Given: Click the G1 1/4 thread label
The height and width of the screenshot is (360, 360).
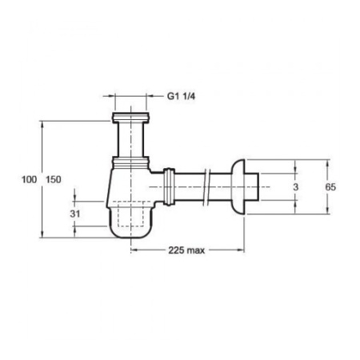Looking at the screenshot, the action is click(x=181, y=96).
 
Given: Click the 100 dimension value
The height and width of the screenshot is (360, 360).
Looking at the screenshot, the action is click(x=29, y=179).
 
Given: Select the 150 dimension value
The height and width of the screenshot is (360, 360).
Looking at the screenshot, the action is click(x=54, y=179).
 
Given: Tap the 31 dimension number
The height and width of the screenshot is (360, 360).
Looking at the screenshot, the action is click(x=75, y=214).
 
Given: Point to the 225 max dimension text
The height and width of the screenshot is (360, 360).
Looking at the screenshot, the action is click(x=186, y=250).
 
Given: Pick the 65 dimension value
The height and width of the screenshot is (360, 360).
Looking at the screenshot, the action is click(x=330, y=187).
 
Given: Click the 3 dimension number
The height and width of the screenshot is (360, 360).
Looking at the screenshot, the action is click(x=296, y=187).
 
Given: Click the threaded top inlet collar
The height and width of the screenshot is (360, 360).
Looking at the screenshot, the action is click(x=130, y=118).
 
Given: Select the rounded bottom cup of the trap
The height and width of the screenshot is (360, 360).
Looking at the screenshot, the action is click(x=130, y=222).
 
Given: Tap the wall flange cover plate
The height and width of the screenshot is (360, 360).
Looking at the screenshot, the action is click(x=238, y=186).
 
